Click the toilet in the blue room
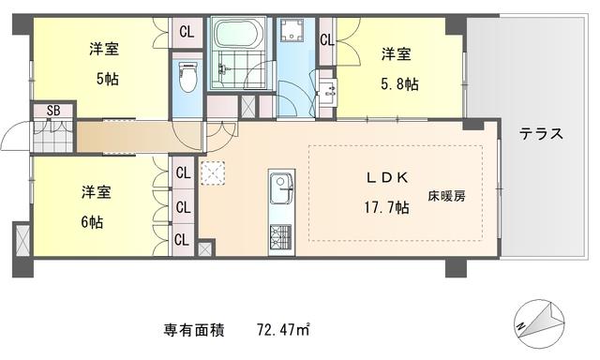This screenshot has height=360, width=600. [x=187, y=78]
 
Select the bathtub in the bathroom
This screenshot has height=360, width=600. [x=239, y=33]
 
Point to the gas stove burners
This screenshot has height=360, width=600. [x=281, y=236]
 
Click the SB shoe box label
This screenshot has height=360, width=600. [x=53, y=111]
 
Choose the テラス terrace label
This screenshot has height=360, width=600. [x=541, y=134]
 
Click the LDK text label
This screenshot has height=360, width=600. [x=387, y=177]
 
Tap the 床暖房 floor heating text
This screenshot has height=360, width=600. [x=446, y=197]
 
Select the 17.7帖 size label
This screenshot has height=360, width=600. [x=386, y=207]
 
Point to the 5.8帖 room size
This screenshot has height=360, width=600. [x=399, y=83]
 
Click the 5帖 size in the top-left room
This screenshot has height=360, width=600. [x=108, y=79]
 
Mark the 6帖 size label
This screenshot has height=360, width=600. [x=92, y=222]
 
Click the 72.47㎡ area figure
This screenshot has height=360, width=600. [x=283, y=329]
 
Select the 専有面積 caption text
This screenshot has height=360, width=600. [x=194, y=330]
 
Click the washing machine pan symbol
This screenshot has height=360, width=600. [x=292, y=30]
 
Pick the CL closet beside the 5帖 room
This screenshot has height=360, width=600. [x=187, y=32]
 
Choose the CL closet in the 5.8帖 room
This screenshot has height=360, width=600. [x=327, y=39]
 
